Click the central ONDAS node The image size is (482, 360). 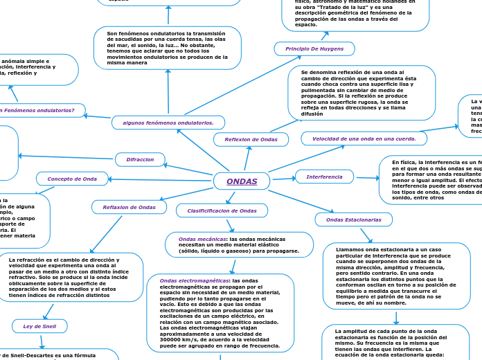coord(242,181)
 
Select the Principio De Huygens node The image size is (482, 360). coord(314,48)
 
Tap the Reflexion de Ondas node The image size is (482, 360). coord(251,140)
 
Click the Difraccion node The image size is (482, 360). coord(140,159)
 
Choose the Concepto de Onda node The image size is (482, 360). coord(72,179)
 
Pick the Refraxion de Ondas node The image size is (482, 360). coord(129,207)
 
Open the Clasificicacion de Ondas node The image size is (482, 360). coord(222,210)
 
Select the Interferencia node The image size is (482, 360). coord(324,177)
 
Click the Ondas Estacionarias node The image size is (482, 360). coord(353,219)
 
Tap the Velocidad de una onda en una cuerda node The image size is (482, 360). coord(364,138)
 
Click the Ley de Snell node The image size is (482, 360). coord(39,326)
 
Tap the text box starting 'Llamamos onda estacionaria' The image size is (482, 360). coord(396,276)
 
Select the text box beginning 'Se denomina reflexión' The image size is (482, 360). coord(361,93)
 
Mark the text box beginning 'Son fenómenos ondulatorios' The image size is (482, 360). coord(167,48)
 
